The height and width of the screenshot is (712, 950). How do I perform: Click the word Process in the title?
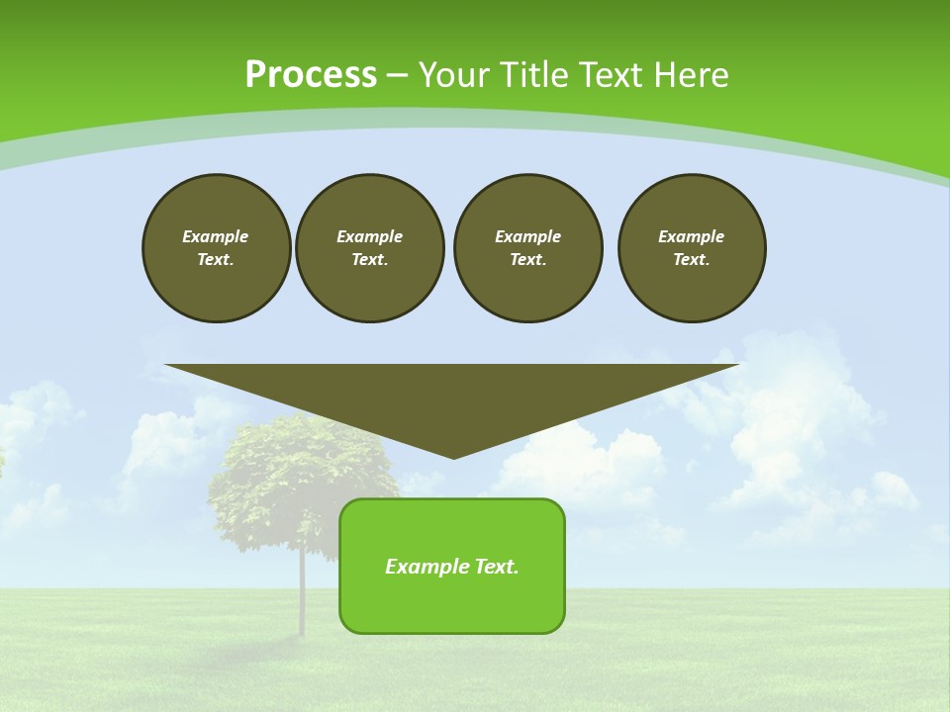click(x=311, y=75)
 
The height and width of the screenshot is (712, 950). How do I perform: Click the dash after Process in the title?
click(x=397, y=76)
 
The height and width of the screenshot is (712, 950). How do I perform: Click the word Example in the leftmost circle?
click(x=216, y=236)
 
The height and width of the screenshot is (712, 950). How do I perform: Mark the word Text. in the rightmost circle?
click(x=692, y=259)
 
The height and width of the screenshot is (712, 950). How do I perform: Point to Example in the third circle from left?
click(x=528, y=236)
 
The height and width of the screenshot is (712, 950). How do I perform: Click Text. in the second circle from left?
click(x=370, y=259)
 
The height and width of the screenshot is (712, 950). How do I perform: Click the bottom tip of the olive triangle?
click(x=453, y=455)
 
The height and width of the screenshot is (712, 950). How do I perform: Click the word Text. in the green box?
click(x=497, y=567)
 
